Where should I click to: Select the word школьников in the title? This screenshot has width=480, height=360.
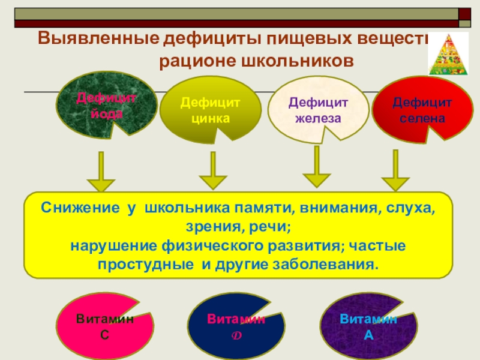[294, 61]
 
